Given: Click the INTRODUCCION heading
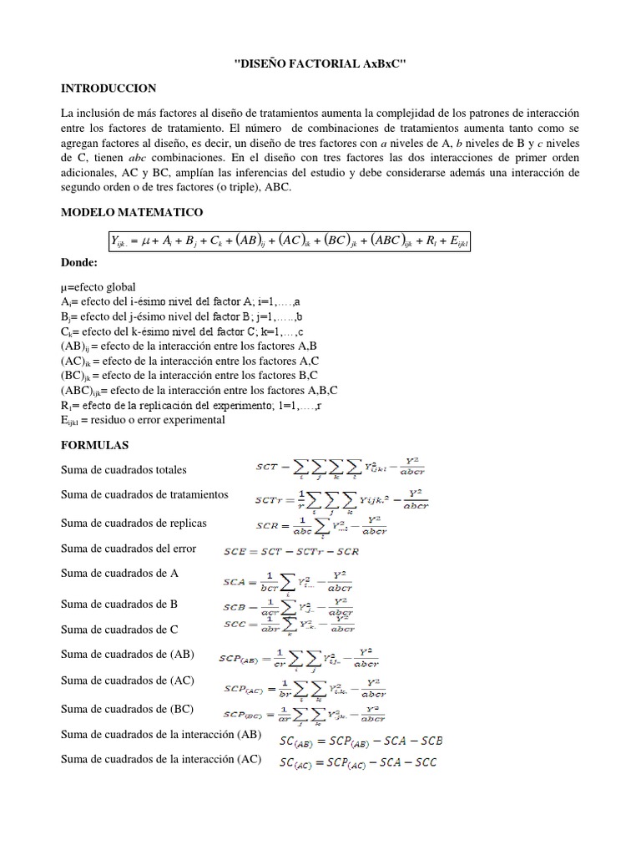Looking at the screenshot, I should click(109, 89).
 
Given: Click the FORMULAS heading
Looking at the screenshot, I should click(95, 446).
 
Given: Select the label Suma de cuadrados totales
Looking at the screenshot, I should click(124, 470).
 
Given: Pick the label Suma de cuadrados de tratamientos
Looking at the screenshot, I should click(144, 495).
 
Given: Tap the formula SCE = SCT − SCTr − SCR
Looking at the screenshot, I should click(291, 551).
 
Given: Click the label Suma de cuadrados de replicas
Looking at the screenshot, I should click(134, 523).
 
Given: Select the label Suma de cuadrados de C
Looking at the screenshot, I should click(119, 629).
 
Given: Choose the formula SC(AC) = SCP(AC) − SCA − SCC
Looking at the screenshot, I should click(358, 762).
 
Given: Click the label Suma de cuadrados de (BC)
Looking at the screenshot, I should click(127, 709).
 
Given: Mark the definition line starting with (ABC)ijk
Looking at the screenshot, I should click(199, 390).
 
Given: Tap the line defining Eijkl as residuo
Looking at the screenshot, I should click(143, 420).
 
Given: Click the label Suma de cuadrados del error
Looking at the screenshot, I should click(129, 549).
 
